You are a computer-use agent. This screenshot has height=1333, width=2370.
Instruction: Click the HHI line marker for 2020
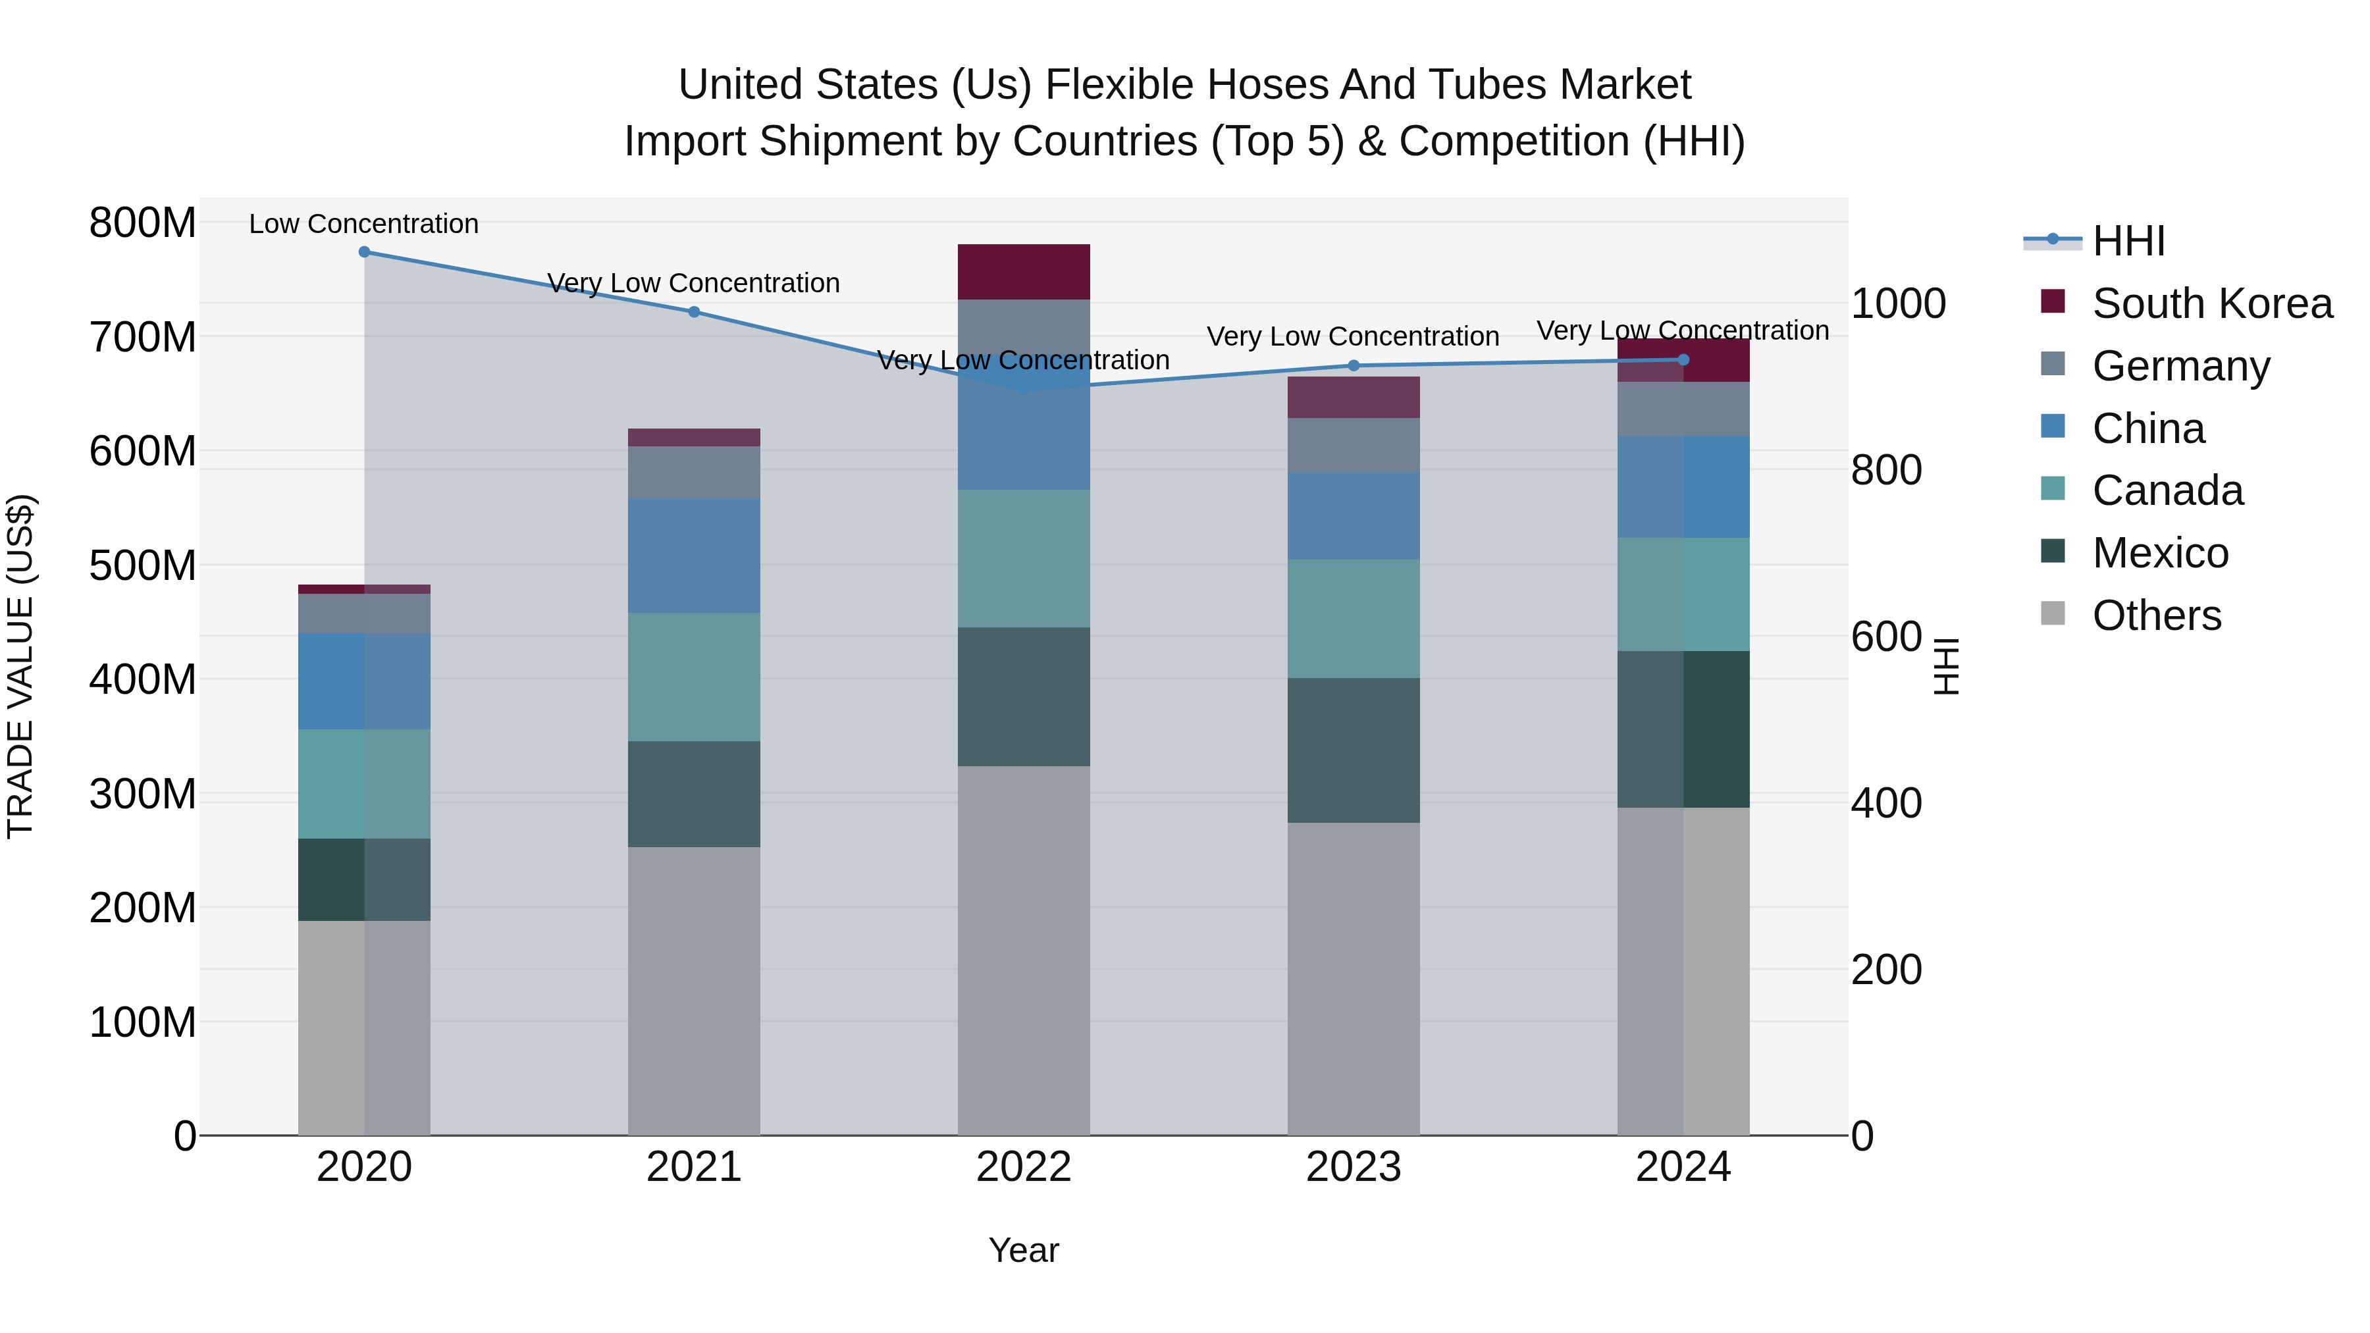pyautogui.click(x=364, y=251)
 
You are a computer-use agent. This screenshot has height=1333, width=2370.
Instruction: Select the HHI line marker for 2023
pyautogui.click(x=1354, y=365)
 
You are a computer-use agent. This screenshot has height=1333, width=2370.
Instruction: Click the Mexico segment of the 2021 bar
pyautogui.click(x=694, y=793)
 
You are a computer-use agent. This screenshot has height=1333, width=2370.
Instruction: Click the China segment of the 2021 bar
pyautogui.click(x=694, y=555)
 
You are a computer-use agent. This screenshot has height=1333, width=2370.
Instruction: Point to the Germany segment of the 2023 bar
pyautogui.click(x=1354, y=445)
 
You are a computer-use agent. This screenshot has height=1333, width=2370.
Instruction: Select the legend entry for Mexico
pyautogui.click(x=2159, y=553)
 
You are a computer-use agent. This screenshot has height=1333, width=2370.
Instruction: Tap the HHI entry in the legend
pyautogui.click(x=2127, y=241)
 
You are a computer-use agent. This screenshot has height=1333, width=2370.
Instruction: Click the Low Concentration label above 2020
pyautogui.click(x=363, y=224)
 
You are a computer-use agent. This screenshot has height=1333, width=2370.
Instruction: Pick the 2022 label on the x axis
pyautogui.click(x=1023, y=1167)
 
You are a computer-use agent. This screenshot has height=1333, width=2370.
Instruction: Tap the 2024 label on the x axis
pyautogui.click(x=1683, y=1167)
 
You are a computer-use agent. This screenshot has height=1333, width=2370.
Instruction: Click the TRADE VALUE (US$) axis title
pyautogui.click(x=20, y=666)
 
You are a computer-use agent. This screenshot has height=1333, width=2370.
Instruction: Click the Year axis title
pyautogui.click(x=1023, y=1250)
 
